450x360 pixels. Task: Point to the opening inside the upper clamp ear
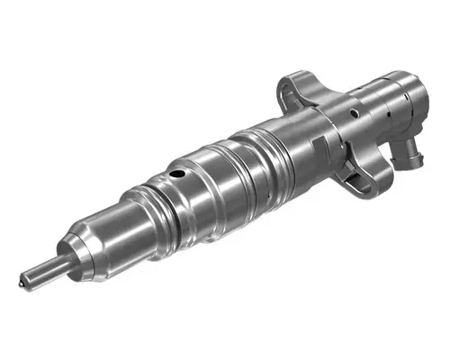289,87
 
